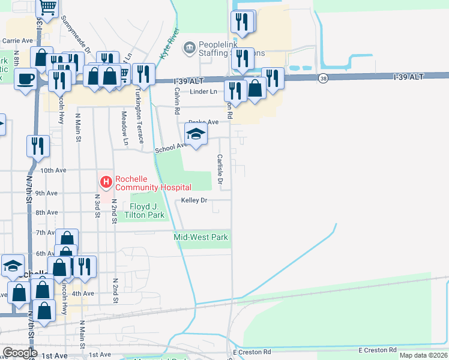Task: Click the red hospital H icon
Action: click(106, 181)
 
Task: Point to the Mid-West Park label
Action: click(201, 237)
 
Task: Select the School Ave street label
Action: click(171, 148)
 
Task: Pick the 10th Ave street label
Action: click(53, 170)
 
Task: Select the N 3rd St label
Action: click(97, 202)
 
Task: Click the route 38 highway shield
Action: click(324, 78)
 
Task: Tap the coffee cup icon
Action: click(25, 79)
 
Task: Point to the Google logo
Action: click(20, 353)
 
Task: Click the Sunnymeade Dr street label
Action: click(75, 35)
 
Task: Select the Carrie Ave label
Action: click(17, 41)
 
